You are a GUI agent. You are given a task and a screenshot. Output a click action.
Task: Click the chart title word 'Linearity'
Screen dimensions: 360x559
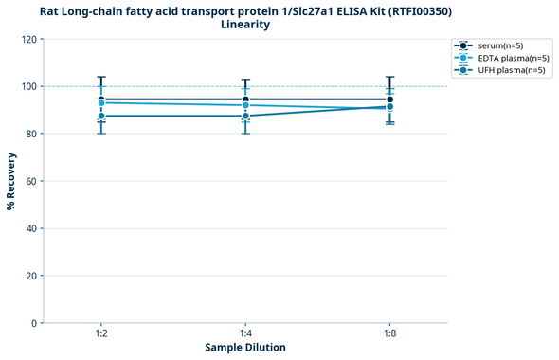coord(244,25)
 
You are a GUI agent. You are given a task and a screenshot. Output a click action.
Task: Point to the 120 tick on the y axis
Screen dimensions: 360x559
coord(27,39)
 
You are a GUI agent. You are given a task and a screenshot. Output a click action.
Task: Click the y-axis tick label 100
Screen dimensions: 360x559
coord(27,86)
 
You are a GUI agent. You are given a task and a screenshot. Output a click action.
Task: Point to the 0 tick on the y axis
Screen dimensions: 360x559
coord(33,323)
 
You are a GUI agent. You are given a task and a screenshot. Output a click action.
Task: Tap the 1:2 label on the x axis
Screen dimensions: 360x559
coord(100,334)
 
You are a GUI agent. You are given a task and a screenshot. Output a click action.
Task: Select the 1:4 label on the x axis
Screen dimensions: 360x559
coord(245,334)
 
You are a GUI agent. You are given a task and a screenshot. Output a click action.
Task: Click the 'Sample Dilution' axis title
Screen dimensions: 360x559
coord(245,348)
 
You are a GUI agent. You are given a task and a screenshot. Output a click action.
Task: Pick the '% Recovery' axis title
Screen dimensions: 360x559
coord(11,181)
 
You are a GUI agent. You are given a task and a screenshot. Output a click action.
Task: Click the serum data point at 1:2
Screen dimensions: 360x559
coord(100,99)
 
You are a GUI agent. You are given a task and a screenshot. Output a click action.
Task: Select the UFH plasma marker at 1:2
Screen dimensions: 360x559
coord(100,116)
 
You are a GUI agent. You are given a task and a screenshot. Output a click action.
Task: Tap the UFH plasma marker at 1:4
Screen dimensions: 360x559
coord(245,116)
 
